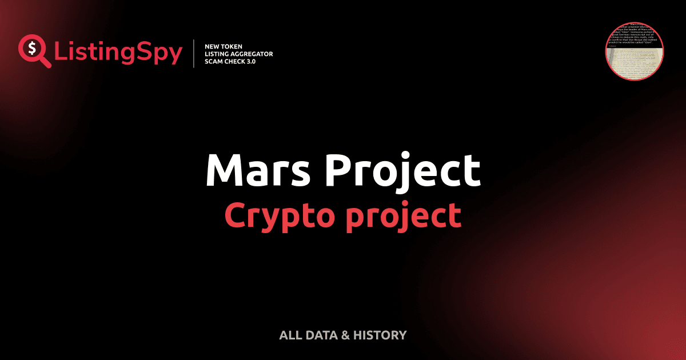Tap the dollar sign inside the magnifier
(31, 47)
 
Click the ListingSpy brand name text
(118, 53)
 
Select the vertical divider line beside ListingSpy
(194, 54)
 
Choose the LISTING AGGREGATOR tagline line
(238, 54)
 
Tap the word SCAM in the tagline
(214, 62)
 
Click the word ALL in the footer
(289, 335)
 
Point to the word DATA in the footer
(320, 335)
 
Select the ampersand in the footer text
(345, 335)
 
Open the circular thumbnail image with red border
(635, 51)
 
